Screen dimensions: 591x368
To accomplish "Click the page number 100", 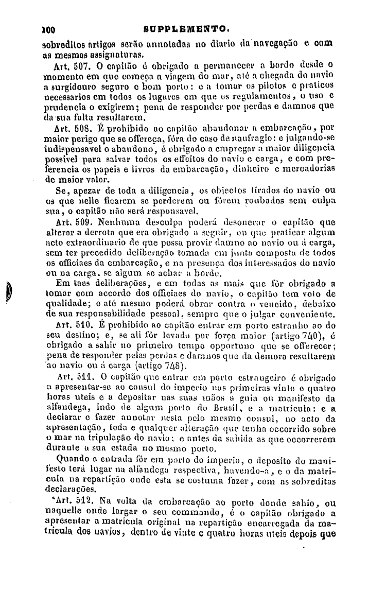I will pos(49,29).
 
